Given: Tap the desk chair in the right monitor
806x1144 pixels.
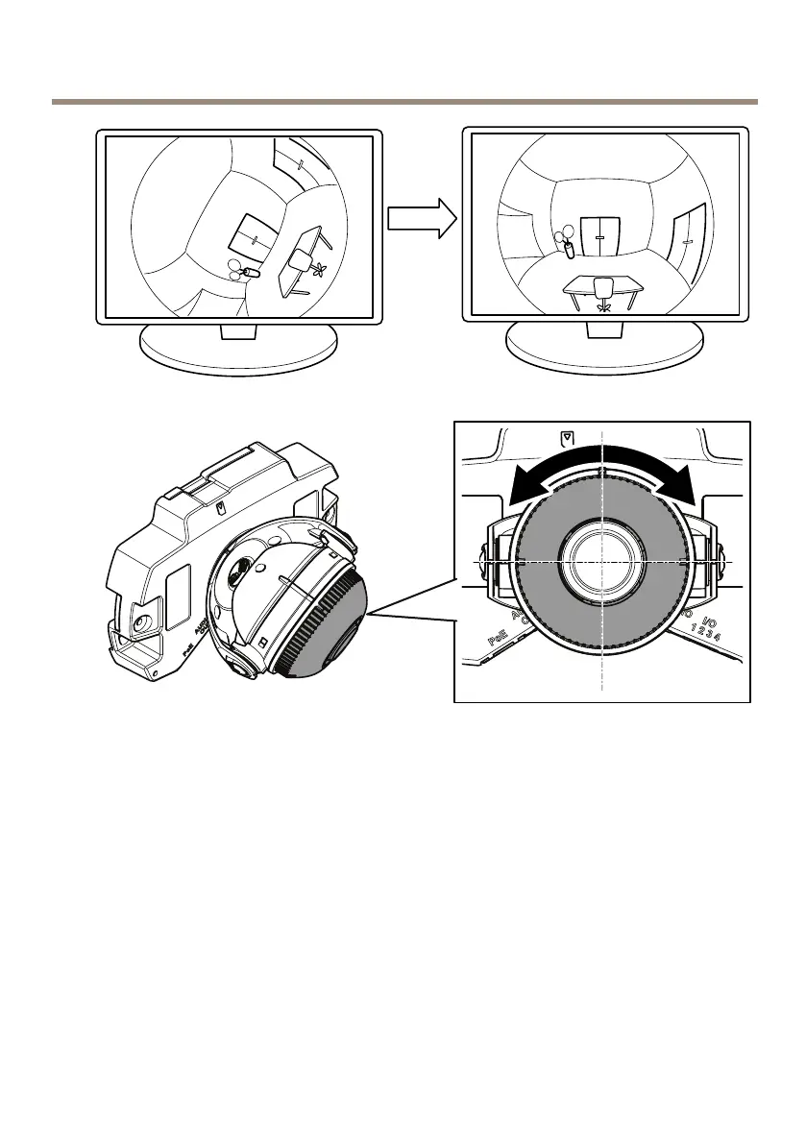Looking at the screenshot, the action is point(603,289).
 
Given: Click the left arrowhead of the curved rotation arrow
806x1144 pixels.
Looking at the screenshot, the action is point(525,486).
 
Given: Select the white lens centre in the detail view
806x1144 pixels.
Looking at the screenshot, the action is point(600,560).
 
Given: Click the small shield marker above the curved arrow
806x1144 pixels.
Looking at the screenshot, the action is point(567,438).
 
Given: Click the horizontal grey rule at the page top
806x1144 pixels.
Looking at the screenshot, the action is point(403,101).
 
